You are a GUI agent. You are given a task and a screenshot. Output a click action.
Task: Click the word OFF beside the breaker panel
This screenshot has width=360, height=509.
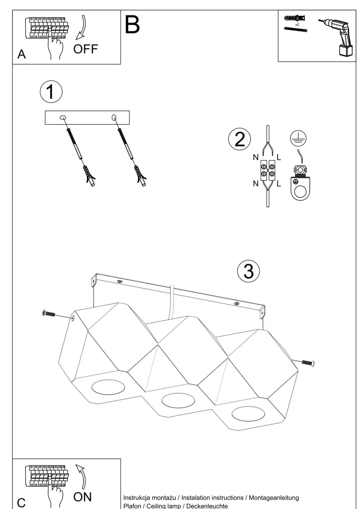(x=86, y=49)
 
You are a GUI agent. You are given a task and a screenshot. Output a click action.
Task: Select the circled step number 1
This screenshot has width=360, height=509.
(x=51, y=92)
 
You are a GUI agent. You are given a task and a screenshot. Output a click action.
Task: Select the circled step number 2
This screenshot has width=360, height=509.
(x=239, y=139)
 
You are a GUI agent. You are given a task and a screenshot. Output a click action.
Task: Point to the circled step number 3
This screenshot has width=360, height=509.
(x=249, y=271)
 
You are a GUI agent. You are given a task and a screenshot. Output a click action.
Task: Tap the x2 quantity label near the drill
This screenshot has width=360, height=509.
(x=297, y=24)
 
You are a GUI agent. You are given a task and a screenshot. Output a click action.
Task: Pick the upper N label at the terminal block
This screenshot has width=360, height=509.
(x=255, y=157)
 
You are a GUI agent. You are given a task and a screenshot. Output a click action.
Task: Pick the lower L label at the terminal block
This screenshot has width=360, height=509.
(x=278, y=184)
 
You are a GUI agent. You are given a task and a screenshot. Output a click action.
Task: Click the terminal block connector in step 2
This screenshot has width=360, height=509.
(x=267, y=170)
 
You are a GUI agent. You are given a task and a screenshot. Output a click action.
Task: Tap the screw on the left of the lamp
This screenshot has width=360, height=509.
(x=49, y=314)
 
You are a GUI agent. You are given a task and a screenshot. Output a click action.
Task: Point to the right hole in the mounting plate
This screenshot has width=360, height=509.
(x=114, y=117)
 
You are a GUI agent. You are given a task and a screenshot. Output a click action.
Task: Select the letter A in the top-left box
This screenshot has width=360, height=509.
(x=22, y=54)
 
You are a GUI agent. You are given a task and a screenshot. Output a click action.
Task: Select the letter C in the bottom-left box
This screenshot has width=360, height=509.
(x=21, y=502)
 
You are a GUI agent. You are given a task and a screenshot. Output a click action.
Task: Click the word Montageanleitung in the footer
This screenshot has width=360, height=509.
(x=274, y=498)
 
